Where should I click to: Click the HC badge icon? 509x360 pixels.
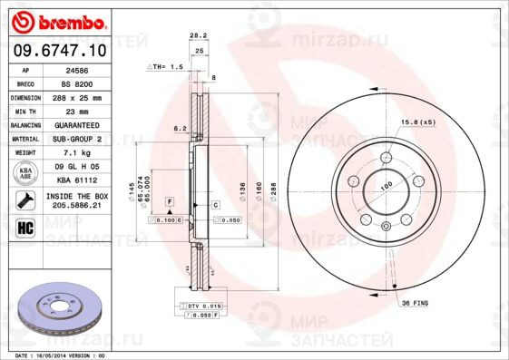pyautogui.click(x=25, y=226)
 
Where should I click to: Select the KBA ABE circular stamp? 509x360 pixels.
pyautogui.click(x=25, y=174)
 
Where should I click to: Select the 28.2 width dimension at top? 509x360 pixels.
pyautogui.click(x=194, y=35)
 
